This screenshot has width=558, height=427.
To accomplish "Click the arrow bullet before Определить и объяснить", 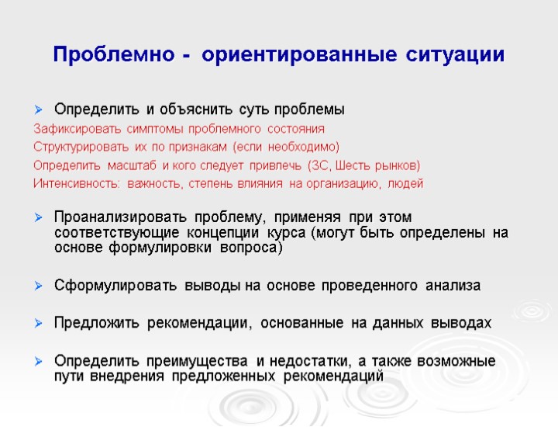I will point(40,109).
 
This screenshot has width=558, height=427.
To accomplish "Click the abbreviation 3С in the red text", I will point(319,165).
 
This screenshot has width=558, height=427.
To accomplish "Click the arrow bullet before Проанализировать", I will point(40,216).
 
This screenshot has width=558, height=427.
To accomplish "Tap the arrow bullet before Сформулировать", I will point(40,286).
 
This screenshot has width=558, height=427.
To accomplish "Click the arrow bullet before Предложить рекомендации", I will point(40,323).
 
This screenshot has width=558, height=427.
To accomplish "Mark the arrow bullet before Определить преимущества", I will point(40,362).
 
